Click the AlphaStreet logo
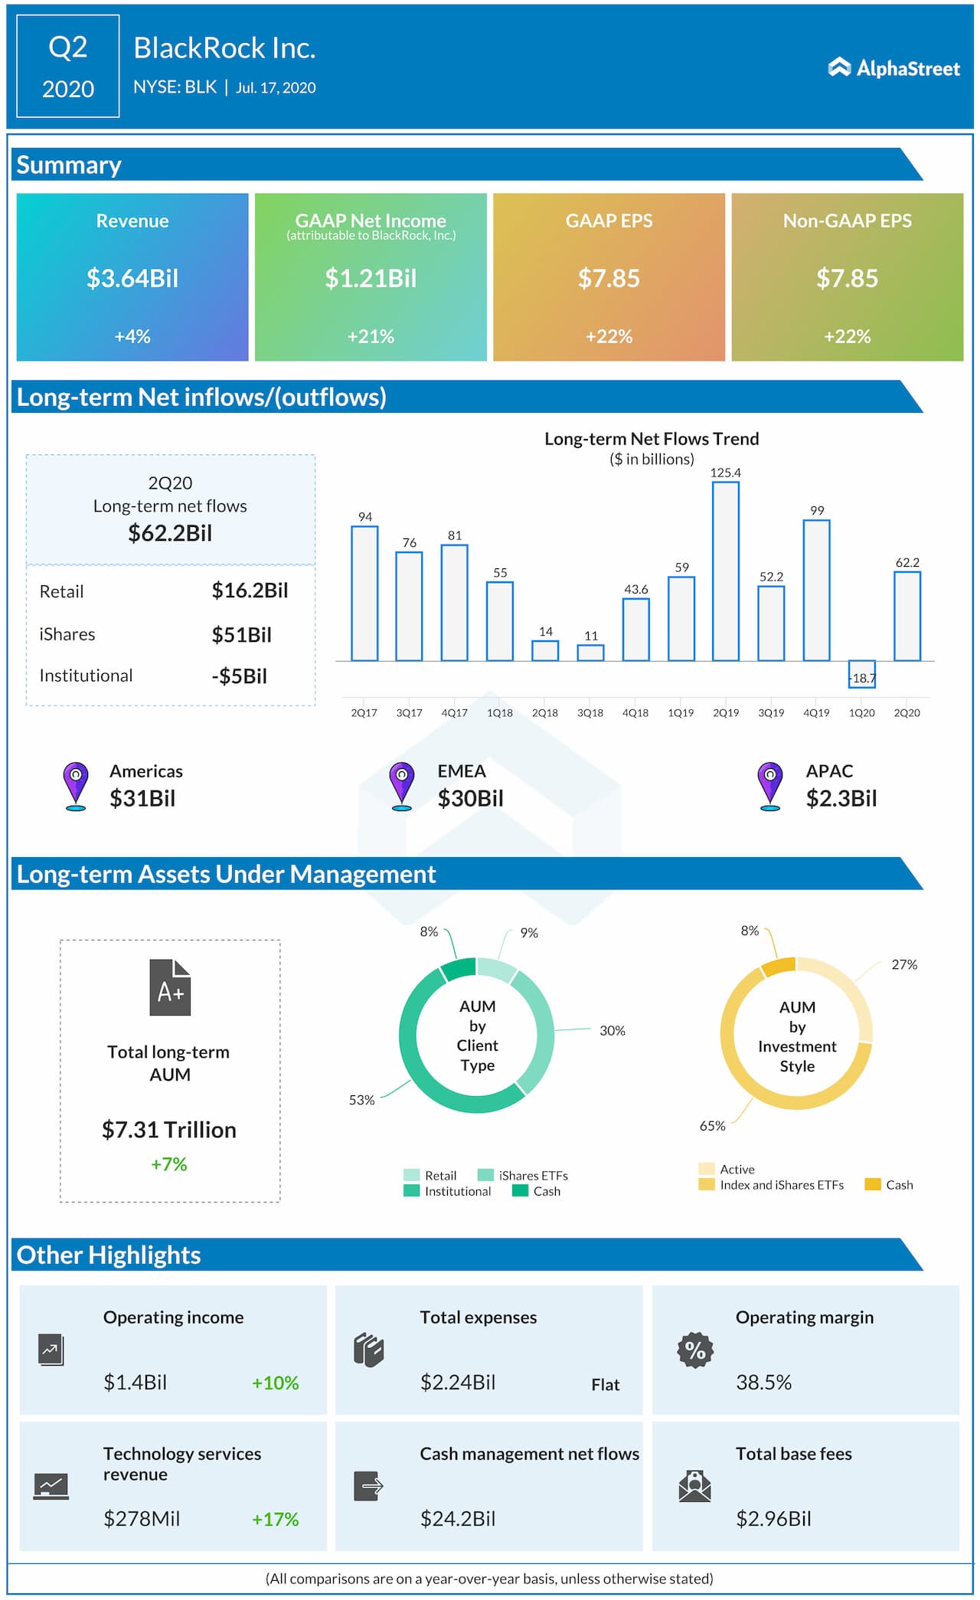coord(893,68)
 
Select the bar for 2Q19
coord(725,571)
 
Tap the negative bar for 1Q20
coord(861,674)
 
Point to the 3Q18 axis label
coord(590,712)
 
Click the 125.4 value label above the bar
coord(725,473)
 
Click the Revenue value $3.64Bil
coord(132,278)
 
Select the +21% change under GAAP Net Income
coord(371,336)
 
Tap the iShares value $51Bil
coord(241,635)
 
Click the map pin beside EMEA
coord(401,785)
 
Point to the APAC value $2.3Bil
coord(841,798)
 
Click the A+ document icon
coord(170,987)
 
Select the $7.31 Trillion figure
coord(169,1130)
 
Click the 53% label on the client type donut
coord(361,1100)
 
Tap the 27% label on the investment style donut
coord(903,964)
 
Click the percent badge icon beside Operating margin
coord(695,1350)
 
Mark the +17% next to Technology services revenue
coord(276,1519)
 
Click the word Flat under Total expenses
coord(605,1385)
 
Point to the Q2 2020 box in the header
coord(68,67)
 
